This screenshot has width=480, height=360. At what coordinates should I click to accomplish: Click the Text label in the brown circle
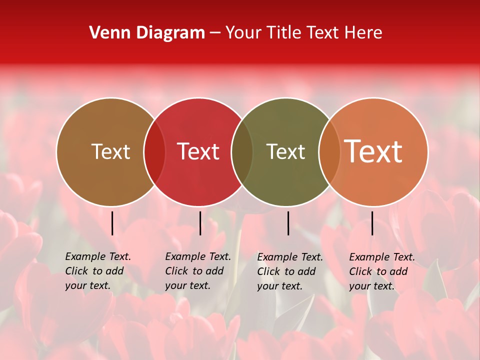(110, 151)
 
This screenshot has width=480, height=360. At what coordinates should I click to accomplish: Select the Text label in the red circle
(198, 151)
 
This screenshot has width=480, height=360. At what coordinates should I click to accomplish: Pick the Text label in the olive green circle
(285, 151)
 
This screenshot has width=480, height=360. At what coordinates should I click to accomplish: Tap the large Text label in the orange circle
(373, 151)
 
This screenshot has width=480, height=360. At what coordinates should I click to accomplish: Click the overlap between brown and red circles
(154, 152)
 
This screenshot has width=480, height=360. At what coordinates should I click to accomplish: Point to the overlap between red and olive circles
(242, 152)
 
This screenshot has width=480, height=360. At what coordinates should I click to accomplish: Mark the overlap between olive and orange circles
(329, 152)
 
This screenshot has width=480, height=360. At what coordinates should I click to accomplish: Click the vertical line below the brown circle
(112, 223)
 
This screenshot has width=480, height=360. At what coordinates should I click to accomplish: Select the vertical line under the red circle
(200, 223)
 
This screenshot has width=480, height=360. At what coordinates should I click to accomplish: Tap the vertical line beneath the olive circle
(288, 223)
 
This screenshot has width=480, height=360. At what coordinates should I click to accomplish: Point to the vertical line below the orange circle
(372, 223)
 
